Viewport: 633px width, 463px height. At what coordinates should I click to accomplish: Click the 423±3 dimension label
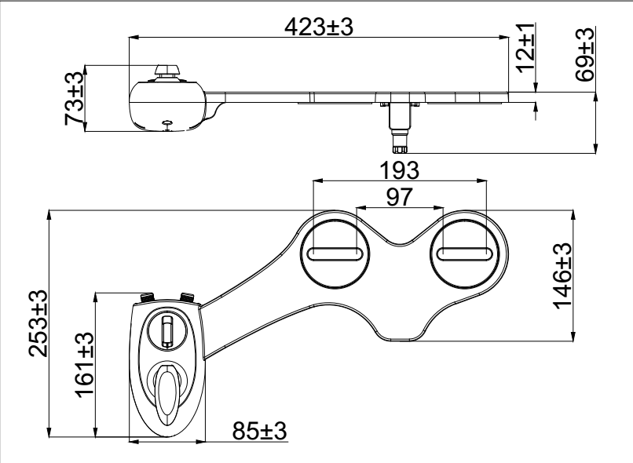[x=319, y=27]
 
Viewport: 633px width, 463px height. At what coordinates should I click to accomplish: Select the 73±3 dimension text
[x=75, y=98]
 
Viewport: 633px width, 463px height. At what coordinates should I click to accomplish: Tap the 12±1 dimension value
[x=525, y=48]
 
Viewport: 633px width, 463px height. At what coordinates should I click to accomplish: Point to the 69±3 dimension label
[x=585, y=54]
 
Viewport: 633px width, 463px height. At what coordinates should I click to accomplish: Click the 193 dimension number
[x=400, y=170]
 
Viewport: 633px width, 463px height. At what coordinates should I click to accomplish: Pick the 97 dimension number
[x=400, y=197]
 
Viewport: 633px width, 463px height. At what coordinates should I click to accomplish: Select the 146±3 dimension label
[x=563, y=276]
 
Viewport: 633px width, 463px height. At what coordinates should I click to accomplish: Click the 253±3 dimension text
[x=38, y=323]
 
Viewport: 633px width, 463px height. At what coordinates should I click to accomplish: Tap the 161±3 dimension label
[x=85, y=365]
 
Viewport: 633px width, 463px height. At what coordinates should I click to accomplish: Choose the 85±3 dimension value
[x=259, y=431]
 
